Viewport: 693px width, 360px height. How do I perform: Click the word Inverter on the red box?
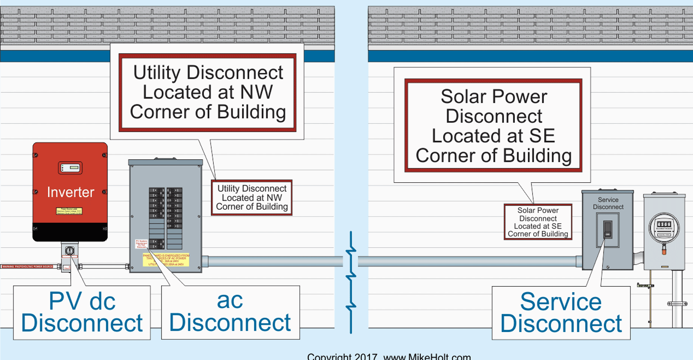point(70,192)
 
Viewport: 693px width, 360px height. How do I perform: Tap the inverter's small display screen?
point(70,168)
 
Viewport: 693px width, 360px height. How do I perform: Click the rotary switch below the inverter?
point(70,250)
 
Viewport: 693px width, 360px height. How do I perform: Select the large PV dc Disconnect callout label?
point(82,312)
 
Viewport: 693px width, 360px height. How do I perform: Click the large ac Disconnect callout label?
point(230,312)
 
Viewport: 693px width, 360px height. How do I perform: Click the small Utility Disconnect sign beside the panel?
point(252,198)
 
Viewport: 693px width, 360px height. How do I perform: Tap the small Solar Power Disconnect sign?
point(538,222)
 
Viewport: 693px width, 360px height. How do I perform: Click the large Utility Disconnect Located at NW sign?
point(207,93)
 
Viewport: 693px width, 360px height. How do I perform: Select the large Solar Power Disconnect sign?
point(494,126)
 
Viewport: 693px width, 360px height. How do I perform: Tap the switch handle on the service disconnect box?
point(607,229)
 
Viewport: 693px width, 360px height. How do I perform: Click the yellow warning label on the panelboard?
point(166,260)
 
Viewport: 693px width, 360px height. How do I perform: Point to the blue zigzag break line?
point(351,281)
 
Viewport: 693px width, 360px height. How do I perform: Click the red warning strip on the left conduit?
point(27,267)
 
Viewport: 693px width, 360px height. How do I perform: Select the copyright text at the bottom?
point(389,356)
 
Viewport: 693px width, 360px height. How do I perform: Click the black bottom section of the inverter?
point(70,232)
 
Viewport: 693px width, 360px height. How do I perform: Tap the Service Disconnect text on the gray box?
point(608,203)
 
